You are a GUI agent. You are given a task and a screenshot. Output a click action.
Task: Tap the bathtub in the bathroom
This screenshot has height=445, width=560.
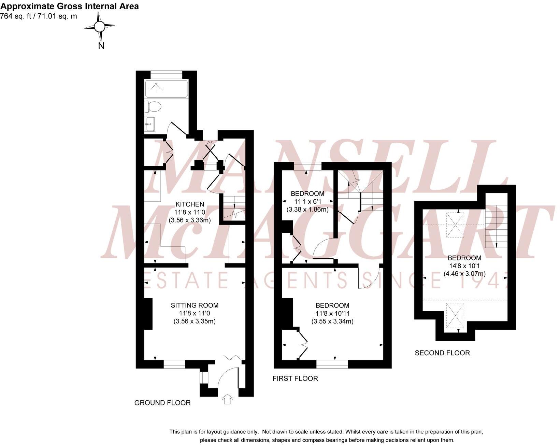tap(166, 89)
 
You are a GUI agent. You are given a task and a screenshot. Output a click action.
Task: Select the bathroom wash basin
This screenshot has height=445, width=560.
tap(149, 124)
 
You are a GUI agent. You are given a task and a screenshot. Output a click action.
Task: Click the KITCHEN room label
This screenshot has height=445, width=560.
tap(190, 204)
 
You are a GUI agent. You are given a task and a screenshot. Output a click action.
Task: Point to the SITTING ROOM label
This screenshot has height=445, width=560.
tap(195, 305)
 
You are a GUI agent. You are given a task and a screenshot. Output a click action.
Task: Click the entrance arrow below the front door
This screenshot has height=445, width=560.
tap(227, 399)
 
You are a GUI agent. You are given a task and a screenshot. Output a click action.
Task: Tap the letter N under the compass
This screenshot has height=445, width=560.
tap(101, 46)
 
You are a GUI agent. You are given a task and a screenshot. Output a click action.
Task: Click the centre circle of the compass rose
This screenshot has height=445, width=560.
tap(99, 26)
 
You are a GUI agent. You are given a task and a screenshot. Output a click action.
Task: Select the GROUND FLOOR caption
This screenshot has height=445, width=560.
tap(162, 403)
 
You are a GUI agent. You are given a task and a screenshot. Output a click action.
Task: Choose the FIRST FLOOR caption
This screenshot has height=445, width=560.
tap(295, 378)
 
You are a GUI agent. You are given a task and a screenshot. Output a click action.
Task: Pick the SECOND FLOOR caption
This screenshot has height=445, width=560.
tap(442, 353)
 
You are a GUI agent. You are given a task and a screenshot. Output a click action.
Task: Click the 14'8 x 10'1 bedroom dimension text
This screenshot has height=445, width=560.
tap(464, 266)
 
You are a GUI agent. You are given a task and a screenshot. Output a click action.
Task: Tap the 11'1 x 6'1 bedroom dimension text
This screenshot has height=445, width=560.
tap(307, 201)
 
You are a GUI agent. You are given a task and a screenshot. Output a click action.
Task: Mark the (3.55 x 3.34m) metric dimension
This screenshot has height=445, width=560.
tap(332, 321)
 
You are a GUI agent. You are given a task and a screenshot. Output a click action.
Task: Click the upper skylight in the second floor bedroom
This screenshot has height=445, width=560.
tap(455, 225)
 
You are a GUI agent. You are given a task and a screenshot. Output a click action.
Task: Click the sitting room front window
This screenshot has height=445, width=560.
tap(174, 364)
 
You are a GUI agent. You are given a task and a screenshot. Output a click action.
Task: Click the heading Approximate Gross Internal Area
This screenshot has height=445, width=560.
tap(70, 6)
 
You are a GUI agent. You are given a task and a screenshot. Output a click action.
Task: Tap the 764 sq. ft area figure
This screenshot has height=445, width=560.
tap(15, 16)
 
